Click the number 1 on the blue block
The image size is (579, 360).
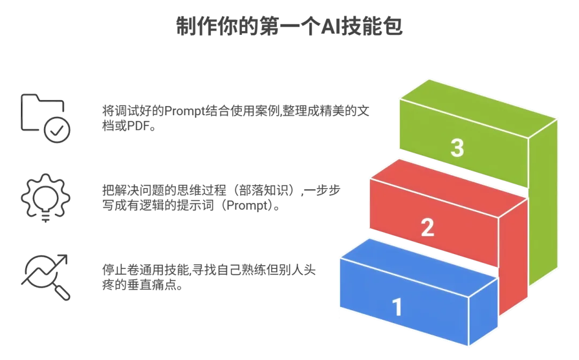[x=397, y=307]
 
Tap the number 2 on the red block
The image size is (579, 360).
[x=427, y=228]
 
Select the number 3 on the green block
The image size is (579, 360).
[x=457, y=148]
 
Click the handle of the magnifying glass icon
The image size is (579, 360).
[x=62, y=292]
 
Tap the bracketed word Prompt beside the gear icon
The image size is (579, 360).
[x=259, y=206]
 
